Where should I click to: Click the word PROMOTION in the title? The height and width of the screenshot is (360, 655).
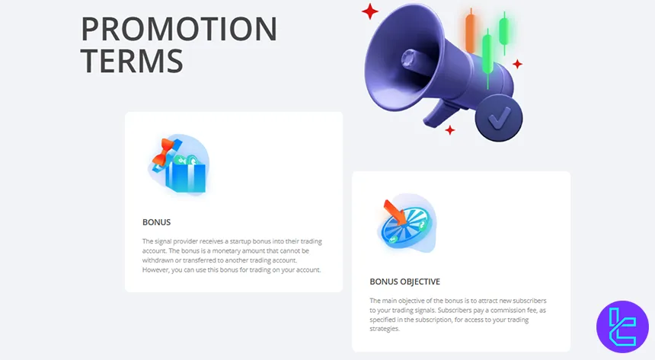(x=179, y=29)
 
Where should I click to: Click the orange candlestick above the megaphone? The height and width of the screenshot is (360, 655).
(x=470, y=31)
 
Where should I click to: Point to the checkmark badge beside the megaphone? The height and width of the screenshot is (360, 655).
(x=499, y=119)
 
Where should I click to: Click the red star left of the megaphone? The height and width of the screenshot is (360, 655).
(x=370, y=11)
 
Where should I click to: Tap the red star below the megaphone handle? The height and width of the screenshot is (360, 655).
(x=450, y=130)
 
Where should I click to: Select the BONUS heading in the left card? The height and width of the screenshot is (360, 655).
(x=156, y=222)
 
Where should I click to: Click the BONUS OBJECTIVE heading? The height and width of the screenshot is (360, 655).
(x=404, y=281)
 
